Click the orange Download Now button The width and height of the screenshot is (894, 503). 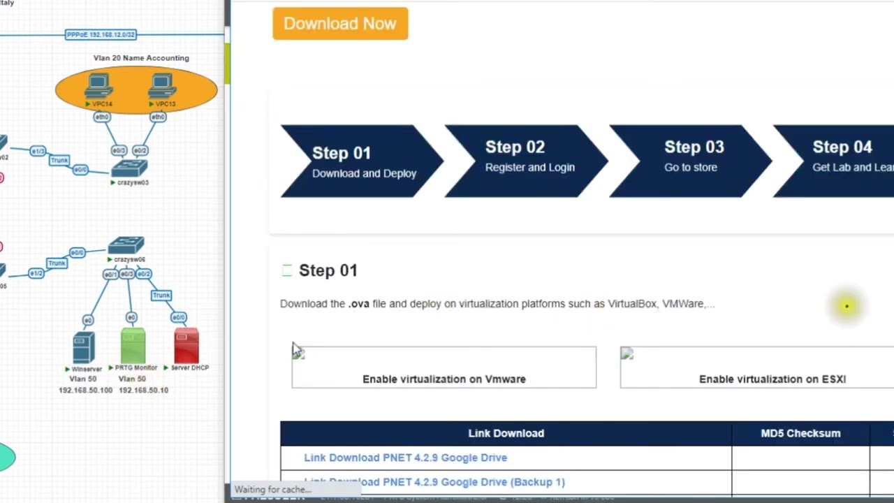tap(340, 24)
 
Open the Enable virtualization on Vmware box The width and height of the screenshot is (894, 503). tap(444, 367)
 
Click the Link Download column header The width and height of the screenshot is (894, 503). tap(506, 433)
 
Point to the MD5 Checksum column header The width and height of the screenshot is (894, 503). tap(800, 433)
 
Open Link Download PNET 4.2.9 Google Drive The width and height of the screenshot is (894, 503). tap(405, 458)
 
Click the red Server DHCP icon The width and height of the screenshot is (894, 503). tap(186, 346)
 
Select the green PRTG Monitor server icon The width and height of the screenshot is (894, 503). tap(133, 346)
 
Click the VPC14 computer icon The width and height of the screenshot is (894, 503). tap(98, 87)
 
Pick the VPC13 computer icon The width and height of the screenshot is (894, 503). tap(162, 87)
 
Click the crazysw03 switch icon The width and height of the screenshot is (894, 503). tap(129, 168)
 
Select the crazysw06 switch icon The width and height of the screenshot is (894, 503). tap(126, 245)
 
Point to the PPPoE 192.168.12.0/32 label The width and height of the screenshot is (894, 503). tap(101, 34)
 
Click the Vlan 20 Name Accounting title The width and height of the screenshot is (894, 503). tap(141, 58)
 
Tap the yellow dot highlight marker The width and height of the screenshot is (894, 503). tap(847, 306)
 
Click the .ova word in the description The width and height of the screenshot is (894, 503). tap(359, 304)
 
